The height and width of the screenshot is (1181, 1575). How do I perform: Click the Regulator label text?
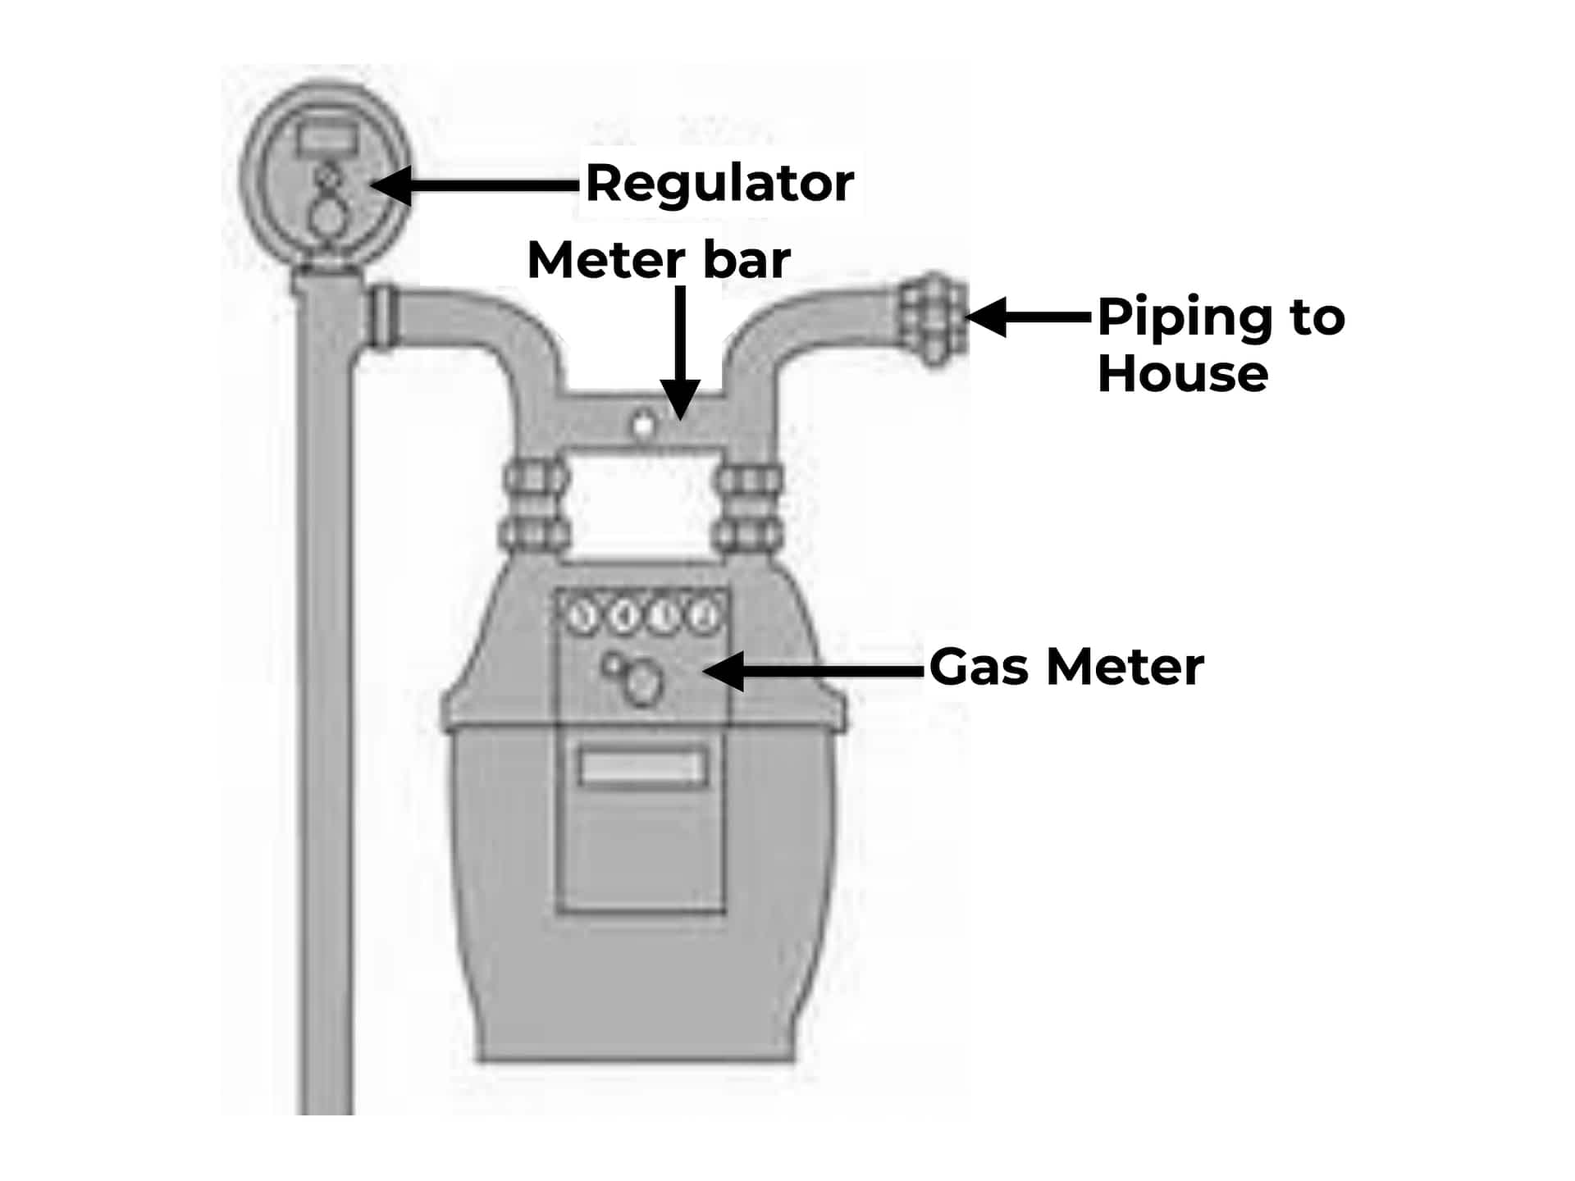pyautogui.click(x=719, y=183)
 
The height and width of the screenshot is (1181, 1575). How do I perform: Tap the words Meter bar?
pyautogui.click(x=658, y=260)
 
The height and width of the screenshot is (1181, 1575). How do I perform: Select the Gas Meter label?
pyautogui.click(x=1066, y=667)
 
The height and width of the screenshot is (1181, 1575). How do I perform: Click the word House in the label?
pyautogui.click(x=1182, y=374)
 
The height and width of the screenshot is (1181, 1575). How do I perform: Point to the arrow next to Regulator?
pyautogui.click(x=476, y=185)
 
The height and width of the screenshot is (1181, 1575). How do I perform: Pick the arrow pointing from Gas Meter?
pyautogui.click(x=812, y=671)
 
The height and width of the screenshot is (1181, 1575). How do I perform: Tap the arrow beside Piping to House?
pyautogui.click(x=1029, y=317)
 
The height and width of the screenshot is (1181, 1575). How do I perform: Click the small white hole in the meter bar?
pyautogui.click(x=643, y=426)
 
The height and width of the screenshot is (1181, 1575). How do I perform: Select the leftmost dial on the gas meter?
pyautogui.click(x=583, y=615)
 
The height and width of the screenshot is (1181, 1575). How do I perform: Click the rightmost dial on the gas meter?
pyautogui.click(x=703, y=615)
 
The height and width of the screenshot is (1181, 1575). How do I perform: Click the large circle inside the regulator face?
pyautogui.click(x=327, y=217)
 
